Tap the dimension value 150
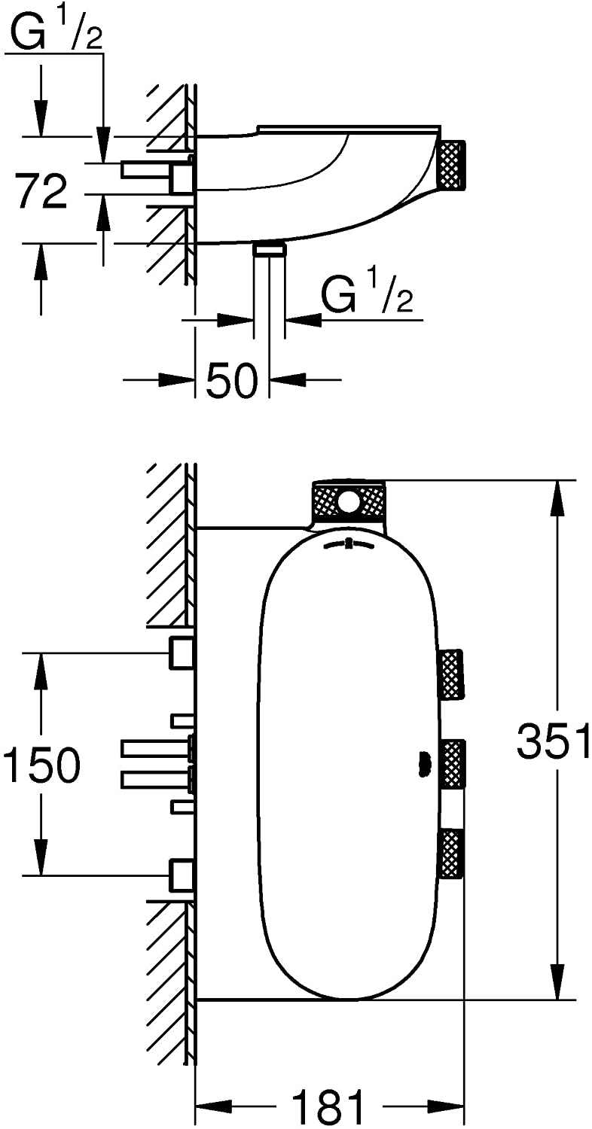41,765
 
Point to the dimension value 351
553,740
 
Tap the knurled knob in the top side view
453,166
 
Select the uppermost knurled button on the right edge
452,674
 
